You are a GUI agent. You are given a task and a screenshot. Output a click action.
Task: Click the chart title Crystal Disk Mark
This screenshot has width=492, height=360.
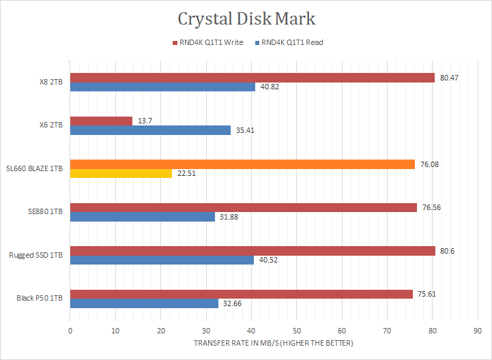coord(246,18)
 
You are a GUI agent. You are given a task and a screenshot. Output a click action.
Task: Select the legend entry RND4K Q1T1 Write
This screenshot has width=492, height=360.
coord(210,42)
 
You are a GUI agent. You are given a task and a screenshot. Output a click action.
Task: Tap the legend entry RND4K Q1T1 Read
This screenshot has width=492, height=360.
coord(291,42)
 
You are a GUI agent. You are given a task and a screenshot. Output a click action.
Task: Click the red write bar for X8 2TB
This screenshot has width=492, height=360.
coord(252,78)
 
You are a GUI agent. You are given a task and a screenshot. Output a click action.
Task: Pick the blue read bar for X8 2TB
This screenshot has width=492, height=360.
coord(162,87)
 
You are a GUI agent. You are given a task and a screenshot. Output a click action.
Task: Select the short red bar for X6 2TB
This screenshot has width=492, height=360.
coord(101,121)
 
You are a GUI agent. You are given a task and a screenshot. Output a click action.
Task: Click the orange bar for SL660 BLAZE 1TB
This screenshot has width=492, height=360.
coord(242,164)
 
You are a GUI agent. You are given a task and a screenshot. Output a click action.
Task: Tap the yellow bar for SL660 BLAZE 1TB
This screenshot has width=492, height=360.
coord(121,173)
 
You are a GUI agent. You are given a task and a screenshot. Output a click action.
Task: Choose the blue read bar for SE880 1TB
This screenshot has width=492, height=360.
coord(143,217)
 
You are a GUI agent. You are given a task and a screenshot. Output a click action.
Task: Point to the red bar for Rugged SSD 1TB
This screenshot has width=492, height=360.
coord(252,251)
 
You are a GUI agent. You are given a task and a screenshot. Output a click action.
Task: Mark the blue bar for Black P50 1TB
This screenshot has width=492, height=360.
coord(144,303)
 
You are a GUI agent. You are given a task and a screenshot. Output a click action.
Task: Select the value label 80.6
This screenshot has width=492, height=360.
coord(448,251)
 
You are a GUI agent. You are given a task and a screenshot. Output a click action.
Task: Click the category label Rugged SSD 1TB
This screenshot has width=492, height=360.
coord(35,255)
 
